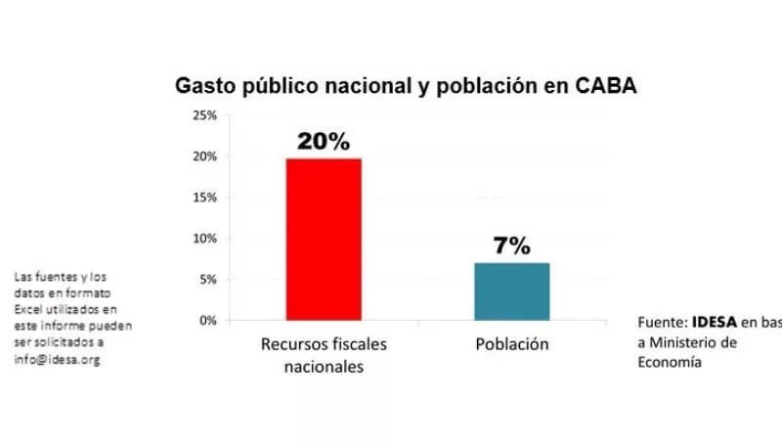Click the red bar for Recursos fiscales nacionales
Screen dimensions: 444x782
tap(323, 239)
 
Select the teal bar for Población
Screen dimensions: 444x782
tap(511, 291)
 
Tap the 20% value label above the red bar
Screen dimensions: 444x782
tap(323, 142)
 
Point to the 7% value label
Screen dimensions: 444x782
tap(511, 246)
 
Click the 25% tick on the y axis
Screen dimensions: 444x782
tap(204, 115)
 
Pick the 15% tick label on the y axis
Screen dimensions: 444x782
tap(204, 198)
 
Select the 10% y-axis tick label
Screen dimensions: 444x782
tap(204, 239)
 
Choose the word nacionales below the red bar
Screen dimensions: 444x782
tap(323, 367)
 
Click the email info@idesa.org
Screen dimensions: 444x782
tap(57, 360)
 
